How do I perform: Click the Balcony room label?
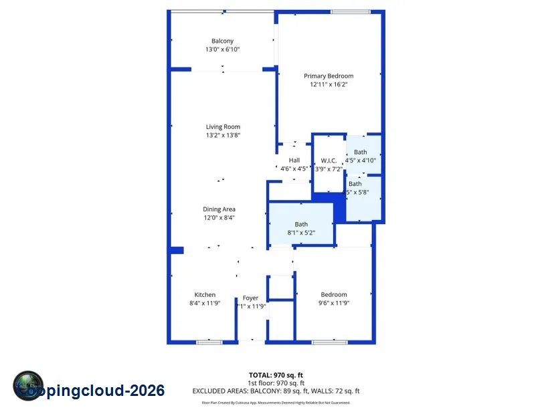coord(222,41)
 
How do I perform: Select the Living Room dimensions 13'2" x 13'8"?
coord(223,135)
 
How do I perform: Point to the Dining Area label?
coord(219,209)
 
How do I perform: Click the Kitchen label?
coord(205,295)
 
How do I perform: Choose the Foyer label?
coord(250,298)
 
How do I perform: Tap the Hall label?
coord(294,161)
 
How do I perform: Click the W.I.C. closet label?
coord(329,161)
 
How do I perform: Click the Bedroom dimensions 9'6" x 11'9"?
coord(334,303)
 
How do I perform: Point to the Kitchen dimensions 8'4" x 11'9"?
coord(205,303)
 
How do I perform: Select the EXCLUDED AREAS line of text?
coord(276,391)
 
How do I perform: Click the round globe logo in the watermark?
coord(28,386)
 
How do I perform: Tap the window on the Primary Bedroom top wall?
coord(350,11)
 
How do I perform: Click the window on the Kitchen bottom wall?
coord(209,342)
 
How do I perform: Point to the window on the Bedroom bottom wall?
coord(329,342)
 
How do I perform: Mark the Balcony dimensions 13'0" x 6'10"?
coord(222,49)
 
